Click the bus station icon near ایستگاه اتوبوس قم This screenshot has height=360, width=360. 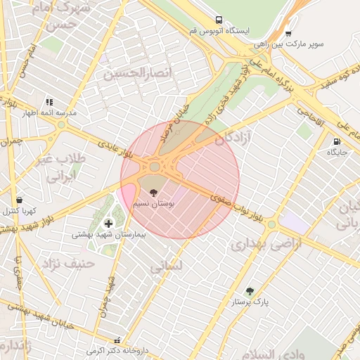pyautogui.click(x=220, y=20)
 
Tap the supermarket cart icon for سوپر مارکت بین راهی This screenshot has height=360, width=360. pyautogui.click(x=288, y=33)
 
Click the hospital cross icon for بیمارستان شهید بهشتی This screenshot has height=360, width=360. pyautogui.click(x=108, y=224)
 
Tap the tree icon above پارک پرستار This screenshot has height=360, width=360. pyautogui.click(x=249, y=290)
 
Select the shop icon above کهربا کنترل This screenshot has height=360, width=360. pyautogui.click(x=18, y=200)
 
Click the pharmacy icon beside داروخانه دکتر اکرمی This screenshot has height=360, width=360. pyautogui.click(x=127, y=340)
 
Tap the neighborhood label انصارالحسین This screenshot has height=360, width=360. pyautogui.click(x=127, y=73)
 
